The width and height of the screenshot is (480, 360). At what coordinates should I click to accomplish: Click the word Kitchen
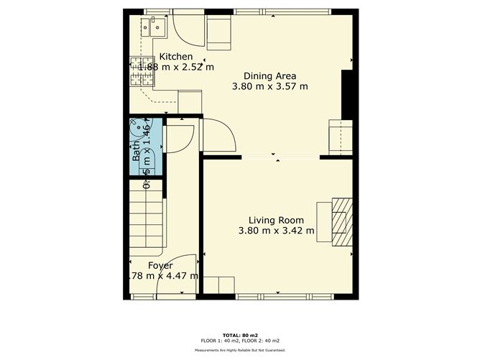coord(176,57)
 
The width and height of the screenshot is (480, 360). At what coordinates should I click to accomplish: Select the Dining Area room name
coord(269,75)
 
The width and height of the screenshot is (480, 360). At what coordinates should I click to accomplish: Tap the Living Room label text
coord(276,220)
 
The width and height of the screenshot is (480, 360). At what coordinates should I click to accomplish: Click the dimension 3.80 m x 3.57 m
coord(269,86)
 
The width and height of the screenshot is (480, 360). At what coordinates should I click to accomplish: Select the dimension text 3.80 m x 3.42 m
coord(276,231)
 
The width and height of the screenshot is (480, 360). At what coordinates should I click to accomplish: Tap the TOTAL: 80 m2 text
coord(239,335)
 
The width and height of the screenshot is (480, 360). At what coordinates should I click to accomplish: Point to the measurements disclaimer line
coord(239,350)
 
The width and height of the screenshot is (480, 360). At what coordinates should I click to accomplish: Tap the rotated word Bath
coord(136,153)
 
